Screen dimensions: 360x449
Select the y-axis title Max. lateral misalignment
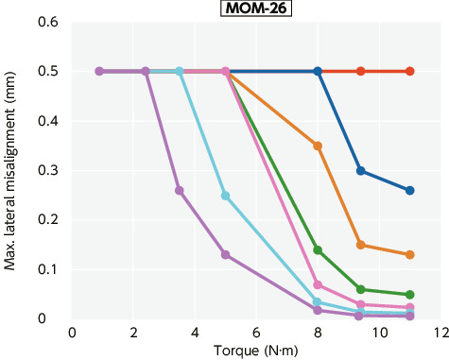[10, 170]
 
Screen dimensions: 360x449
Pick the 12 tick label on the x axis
[440, 333]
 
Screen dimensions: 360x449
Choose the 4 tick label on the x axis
[195, 333]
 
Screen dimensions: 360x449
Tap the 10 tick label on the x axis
[379, 333]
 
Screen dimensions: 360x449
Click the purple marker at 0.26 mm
[180, 190]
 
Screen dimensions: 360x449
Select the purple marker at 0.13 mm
[225, 254]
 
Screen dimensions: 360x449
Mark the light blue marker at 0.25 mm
[225, 196]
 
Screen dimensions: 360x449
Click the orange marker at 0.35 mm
[318, 146]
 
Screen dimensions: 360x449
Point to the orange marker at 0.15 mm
[361, 245]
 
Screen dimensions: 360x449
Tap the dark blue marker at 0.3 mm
[361, 170]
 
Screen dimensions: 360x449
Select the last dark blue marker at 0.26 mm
[409, 190]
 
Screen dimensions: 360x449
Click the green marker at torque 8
[318, 249]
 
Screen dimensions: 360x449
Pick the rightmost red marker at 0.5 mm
[409, 71]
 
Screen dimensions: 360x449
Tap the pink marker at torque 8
[318, 284]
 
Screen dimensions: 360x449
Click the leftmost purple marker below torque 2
[99, 71]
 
